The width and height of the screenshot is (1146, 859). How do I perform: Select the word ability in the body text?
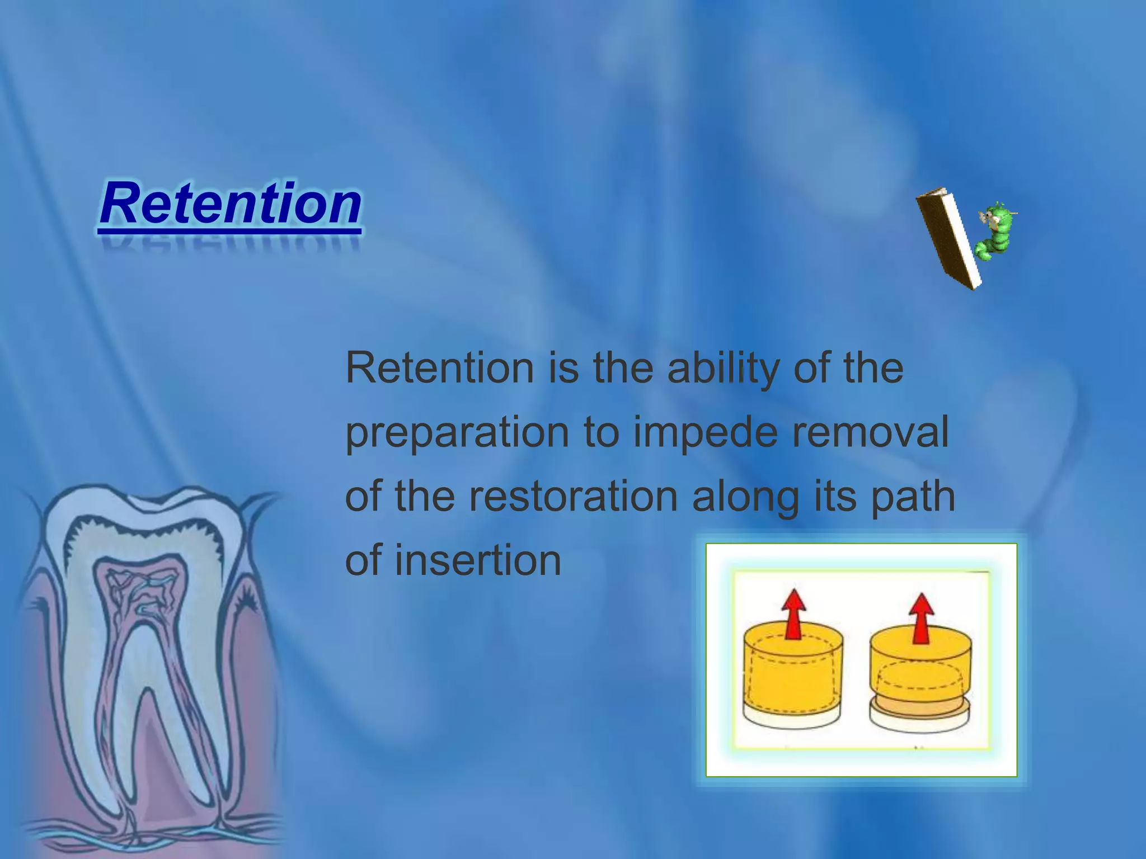(724, 369)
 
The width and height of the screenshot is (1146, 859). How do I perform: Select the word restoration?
(573, 497)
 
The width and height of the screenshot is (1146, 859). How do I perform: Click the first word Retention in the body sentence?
(440, 369)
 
